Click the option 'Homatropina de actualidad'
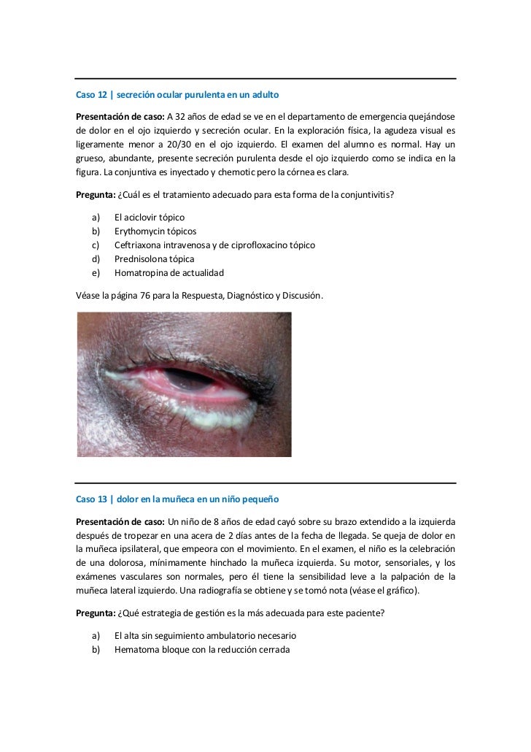tap(168, 272)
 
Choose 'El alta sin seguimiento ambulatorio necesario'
tap(205, 635)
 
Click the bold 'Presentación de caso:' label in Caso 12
tap(120, 116)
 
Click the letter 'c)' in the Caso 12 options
tap(96, 245)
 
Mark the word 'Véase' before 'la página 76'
tap(88, 296)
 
